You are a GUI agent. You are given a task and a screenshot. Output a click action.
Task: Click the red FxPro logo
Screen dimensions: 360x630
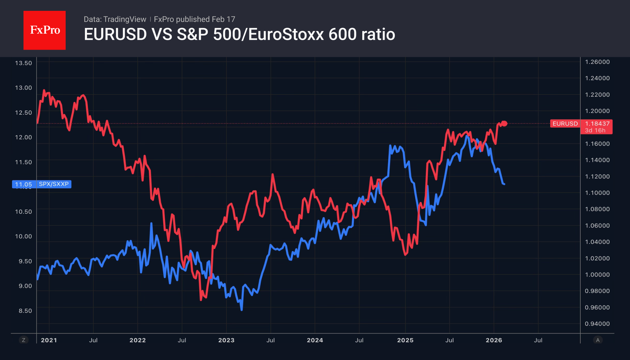tap(45, 30)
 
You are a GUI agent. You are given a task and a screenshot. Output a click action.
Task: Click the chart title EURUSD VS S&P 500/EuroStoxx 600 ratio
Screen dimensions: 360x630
tap(239, 34)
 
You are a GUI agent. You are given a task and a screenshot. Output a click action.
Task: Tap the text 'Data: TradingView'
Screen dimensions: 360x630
tap(115, 19)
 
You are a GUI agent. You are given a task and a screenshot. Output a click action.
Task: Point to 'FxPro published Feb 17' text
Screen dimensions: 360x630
tap(195, 19)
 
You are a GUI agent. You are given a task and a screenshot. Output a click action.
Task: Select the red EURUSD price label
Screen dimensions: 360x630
tap(565, 124)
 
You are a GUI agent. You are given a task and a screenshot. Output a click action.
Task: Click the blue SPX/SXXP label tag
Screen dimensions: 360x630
tap(54, 184)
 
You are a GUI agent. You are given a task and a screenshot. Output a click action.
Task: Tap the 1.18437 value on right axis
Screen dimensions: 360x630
tap(597, 124)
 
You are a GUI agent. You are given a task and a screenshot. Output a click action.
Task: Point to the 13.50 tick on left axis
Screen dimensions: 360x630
tap(23, 63)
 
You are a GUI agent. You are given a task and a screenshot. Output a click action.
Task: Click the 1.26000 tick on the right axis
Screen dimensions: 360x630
tap(597, 62)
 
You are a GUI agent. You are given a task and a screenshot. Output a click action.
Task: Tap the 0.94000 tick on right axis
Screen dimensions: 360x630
tap(597, 324)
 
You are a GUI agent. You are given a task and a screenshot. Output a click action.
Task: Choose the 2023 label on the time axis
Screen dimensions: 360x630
tap(226, 340)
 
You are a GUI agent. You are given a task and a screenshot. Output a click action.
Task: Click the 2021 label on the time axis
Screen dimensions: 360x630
tap(49, 340)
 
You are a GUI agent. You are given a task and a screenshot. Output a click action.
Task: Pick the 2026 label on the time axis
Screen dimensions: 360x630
tap(494, 340)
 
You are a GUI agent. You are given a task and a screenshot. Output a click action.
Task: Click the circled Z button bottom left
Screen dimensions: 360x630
tap(23, 340)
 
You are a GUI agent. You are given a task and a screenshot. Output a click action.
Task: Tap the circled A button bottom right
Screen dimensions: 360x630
tap(598, 340)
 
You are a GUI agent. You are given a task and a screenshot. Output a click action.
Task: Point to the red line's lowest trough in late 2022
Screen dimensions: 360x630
tap(201, 300)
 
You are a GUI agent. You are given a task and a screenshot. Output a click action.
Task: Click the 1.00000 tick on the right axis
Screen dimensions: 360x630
tap(597, 275)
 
